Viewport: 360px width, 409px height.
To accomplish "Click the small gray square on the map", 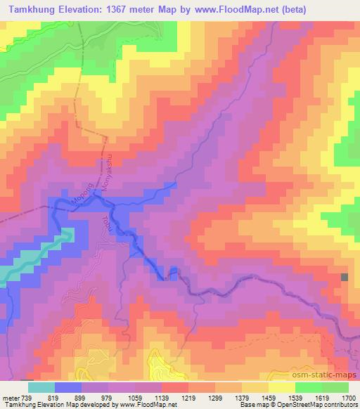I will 345,277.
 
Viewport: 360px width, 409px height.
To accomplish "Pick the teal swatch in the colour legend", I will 41,387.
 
